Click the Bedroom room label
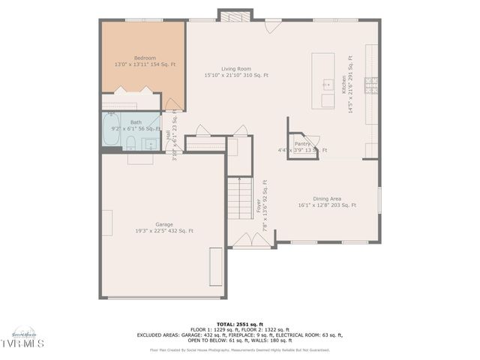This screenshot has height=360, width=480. pos(145,58)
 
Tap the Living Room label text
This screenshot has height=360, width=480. pos(235,68)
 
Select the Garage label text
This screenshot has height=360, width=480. pos(163,224)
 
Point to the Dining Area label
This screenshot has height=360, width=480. pos(326,198)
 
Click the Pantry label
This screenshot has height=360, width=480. pos(302,143)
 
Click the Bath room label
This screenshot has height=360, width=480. pos(136,122)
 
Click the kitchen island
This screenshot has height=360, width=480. pos(324,81)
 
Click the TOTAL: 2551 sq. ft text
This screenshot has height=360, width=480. pos(240,323)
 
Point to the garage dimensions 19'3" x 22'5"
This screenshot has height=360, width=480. pos(163,231)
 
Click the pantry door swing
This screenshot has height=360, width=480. pos(313,139)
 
